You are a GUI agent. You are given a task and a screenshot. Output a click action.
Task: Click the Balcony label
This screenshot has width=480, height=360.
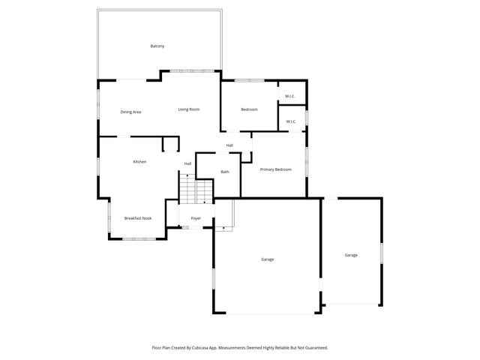pyautogui.click(x=157, y=46)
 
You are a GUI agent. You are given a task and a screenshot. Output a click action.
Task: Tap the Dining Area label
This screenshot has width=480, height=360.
pyautogui.click(x=130, y=112)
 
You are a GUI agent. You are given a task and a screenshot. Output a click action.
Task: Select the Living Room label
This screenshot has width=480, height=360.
pyautogui.click(x=188, y=109)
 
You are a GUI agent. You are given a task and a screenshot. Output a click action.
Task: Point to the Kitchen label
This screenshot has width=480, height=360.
pyautogui.click(x=139, y=162)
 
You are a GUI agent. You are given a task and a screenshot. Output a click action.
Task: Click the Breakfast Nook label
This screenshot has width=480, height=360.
pyautogui.click(x=138, y=218)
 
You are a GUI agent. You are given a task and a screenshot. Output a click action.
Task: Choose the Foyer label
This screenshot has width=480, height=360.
pyautogui.click(x=196, y=218)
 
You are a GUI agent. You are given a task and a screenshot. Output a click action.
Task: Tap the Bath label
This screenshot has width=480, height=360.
pyautogui.click(x=225, y=172)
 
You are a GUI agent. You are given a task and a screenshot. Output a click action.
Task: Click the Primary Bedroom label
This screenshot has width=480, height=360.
pyautogui.click(x=275, y=169)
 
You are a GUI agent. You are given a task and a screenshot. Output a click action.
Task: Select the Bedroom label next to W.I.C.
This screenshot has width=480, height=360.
pyautogui.click(x=249, y=109)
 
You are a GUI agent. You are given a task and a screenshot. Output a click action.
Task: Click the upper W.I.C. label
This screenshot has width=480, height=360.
pyautogui.click(x=290, y=96)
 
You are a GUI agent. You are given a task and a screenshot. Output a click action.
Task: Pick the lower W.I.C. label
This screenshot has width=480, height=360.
pyautogui.click(x=290, y=121)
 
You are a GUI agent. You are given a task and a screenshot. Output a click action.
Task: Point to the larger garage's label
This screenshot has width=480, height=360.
pyautogui.click(x=267, y=259)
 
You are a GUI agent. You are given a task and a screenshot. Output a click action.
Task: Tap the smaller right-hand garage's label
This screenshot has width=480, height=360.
pyautogui.click(x=351, y=255)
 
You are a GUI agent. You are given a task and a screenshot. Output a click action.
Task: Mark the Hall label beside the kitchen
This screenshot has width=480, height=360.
pyautogui.click(x=187, y=163)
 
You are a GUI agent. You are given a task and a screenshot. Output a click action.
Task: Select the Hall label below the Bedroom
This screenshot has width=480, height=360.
pyautogui.click(x=229, y=145)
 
